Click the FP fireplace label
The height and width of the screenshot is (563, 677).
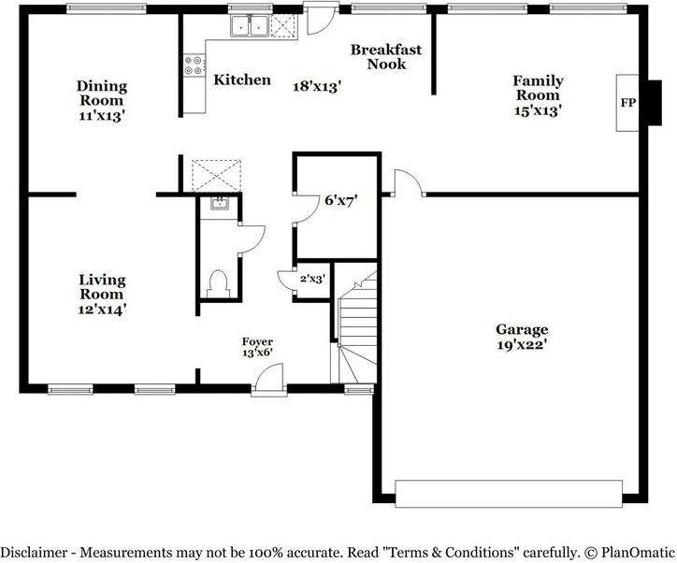(x=628, y=103)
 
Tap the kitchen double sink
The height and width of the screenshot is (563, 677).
(x=250, y=25)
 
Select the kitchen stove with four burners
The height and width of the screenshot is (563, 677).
(x=194, y=65)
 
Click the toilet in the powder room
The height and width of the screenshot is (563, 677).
(x=218, y=283)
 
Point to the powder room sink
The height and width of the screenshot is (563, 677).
(x=220, y=203)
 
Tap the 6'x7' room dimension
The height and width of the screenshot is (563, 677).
(x=341, y=200)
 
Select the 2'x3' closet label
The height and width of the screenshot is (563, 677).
(x=312, y=279)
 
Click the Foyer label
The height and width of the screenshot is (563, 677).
(x=257, y=341)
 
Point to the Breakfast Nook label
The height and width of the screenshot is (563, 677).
(x=386, y=56)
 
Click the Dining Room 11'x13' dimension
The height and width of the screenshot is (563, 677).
(x=102, y=116)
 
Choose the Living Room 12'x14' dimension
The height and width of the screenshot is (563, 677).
(x=102, y=310)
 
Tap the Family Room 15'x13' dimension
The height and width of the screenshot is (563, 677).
(x=538, y=110)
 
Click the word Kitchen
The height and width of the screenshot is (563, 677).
(x=242, y=79)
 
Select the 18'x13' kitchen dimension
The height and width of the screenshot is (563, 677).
(x=317, y=86)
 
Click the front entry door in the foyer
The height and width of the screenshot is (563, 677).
(x=269, y=380)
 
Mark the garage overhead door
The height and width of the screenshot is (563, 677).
(x=509, y=494)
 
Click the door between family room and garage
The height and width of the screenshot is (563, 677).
(x=407, y=183)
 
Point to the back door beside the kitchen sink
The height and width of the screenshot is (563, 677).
(x=321, y=19)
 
